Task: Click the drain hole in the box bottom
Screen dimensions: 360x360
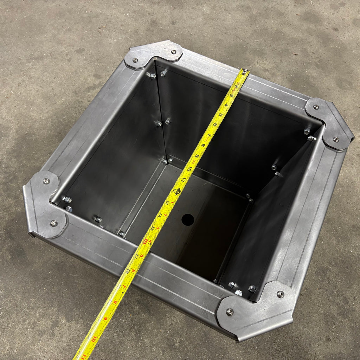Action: point(188,220)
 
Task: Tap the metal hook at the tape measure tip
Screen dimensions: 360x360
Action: point(245,72)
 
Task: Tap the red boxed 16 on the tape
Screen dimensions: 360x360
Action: point(145,241)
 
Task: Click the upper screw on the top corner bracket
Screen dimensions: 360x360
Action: point(174,52)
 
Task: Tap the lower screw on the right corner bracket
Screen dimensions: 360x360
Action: point(336,140)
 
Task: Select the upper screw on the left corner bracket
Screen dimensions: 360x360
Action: point(46,181)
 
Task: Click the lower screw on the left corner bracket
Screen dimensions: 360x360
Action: point(53,223)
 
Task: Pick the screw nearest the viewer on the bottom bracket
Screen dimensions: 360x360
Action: point(230,311)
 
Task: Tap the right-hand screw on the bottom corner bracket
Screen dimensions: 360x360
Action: point(280,294)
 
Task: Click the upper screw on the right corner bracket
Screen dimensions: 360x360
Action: point(316,107)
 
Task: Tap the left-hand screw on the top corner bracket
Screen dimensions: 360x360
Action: point(135,60)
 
